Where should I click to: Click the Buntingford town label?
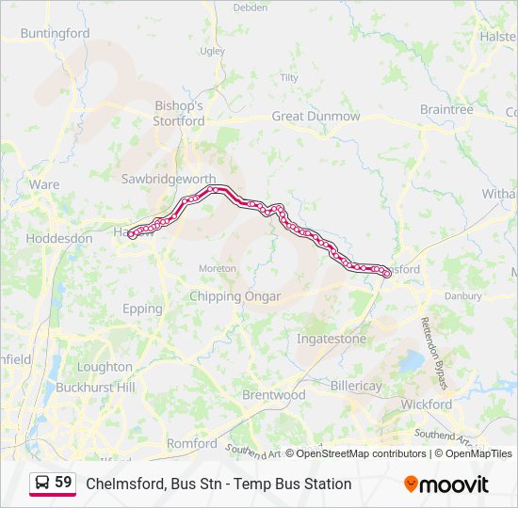(55, 33)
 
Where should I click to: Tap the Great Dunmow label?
(316, 116)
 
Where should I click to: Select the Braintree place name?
(446, 110)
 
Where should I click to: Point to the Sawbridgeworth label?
(169, 179)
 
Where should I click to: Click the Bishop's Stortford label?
(179, 114)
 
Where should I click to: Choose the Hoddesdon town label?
(58, 238)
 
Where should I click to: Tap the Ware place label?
(44, 184)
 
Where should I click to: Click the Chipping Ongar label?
(235, 296)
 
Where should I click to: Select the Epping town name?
(142, 309)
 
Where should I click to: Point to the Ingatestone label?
(331, 338)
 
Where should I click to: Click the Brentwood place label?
(274, 395)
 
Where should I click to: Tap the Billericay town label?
(356, 387)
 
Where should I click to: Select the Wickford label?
(426, 405)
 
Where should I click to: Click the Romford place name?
(191, 443)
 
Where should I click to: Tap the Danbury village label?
(462, 295)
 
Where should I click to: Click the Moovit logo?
(446, 484)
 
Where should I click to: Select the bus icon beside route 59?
(42, 483)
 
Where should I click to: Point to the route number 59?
(63, 483)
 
